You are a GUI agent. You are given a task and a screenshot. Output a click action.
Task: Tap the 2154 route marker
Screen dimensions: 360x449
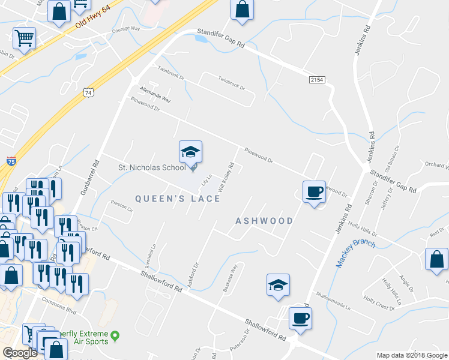click(x=318, y=79)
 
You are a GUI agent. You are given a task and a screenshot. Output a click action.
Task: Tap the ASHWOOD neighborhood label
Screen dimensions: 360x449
click(x=264, y=221)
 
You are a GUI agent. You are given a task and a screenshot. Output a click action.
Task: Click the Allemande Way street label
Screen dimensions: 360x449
click(x=155, y=98)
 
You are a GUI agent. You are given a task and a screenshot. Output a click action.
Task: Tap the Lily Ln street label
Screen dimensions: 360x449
click(x=206, y=179)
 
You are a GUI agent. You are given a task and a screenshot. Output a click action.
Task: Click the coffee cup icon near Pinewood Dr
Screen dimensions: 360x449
click(x=313, y=193)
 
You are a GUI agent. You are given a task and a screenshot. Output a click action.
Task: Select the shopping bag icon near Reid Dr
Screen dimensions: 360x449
click(x=436, y=259)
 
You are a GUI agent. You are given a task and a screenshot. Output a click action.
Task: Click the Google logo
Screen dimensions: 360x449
click(x=20, y=353)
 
